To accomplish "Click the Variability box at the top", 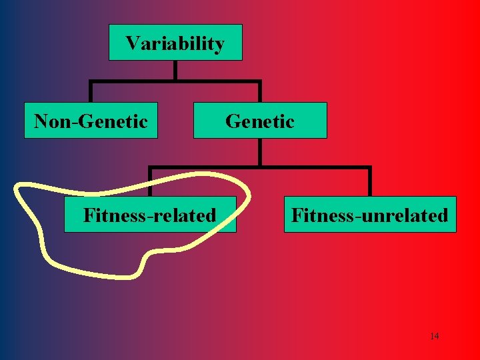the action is [175, 43].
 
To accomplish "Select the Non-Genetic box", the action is [91, 120].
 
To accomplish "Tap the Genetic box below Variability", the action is [260, 120].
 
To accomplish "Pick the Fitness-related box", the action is [150, 214].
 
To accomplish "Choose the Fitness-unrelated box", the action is [370, 214].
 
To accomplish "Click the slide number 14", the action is [434, 336].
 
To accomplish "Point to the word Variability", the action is [175, 44].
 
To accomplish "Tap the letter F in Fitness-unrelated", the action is [297, 215].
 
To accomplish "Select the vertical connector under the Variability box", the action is [175, 71].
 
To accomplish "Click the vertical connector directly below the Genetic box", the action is [260, 152].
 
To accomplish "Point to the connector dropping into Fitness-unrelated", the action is [369, 181].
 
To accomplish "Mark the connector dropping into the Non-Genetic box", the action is [91, 92].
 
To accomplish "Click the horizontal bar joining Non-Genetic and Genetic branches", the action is [175, 82].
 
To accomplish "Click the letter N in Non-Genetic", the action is [41, 121].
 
